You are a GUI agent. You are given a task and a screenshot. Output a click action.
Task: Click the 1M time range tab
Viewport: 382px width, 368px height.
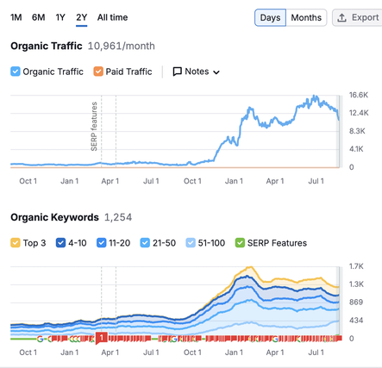click(x=16, y=17)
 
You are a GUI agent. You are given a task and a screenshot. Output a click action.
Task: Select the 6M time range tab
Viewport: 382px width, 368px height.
click(x=38, y=17)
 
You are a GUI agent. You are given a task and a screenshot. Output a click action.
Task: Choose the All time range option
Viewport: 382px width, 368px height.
click(x=112, y=17)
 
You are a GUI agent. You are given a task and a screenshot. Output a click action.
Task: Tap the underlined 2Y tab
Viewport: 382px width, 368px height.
click(x=82, y=17)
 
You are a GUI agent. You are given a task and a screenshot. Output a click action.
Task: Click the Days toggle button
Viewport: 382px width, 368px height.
click(x=270, y=17)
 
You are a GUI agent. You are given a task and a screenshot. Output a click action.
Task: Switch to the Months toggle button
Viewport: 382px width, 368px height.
click(x=306, y=17)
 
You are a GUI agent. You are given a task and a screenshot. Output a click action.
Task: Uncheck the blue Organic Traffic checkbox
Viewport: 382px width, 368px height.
click(x=16, y=72)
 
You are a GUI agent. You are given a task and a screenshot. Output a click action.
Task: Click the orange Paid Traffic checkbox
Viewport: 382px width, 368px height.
click(x=98, y=72)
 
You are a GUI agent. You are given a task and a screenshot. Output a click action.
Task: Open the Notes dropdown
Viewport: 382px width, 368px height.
click(x=197, y=72)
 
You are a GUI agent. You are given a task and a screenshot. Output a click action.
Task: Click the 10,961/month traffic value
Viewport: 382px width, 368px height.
click(x=121, y=46)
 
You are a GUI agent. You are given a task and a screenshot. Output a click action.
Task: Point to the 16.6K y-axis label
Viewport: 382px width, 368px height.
click(x=359, y=95)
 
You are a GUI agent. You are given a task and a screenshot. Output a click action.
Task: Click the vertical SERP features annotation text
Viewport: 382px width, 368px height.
click(x=94, y=127)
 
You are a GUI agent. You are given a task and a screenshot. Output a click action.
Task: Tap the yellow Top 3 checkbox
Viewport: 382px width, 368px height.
click(x=16, y=243)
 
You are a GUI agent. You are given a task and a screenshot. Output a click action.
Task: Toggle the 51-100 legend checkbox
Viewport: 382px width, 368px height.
click(x=191, y=243)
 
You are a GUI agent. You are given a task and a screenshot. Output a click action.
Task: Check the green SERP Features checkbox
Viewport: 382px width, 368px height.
click(x=240, y=243)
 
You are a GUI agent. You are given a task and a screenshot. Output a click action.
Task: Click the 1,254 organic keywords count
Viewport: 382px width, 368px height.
click(x=118, y=217)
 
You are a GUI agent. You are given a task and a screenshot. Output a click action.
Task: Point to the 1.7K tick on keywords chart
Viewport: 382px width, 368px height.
click(x=356, y=266)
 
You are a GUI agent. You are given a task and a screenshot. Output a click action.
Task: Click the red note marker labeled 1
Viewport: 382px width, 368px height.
click(x=102, y=338)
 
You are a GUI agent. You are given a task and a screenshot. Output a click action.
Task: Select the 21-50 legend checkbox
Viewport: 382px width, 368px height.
click(x=145, y=243)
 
